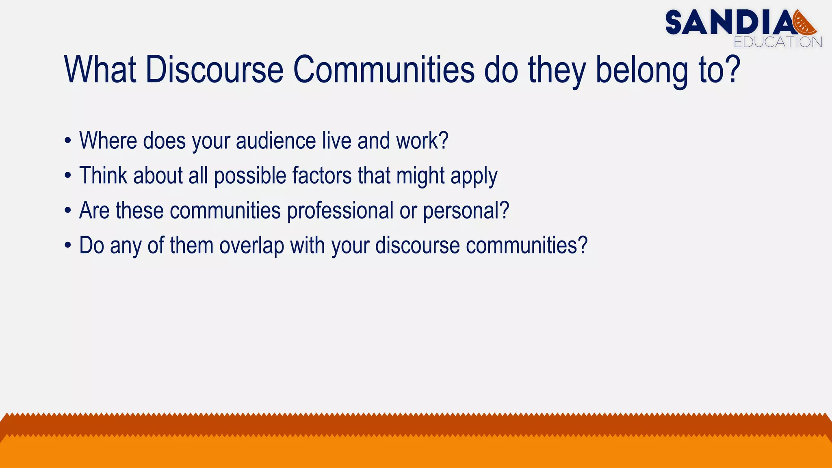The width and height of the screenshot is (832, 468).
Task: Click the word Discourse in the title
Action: (x=214, y=69)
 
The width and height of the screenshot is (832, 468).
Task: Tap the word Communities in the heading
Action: (x=383, y=69)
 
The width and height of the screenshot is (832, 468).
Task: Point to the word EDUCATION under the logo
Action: (x=778, y=42)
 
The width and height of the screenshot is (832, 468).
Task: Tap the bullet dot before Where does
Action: (x=68, y=141)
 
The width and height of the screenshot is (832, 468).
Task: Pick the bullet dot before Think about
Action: (x=68, y=176)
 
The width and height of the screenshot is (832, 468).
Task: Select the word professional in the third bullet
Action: (x=340, y=211)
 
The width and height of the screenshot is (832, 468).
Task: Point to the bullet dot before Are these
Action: (x=68, y=211)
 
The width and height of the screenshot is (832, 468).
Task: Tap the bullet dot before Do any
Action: (x=68, y=246)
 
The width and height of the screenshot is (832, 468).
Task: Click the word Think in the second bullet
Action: (x=103, y=176)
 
